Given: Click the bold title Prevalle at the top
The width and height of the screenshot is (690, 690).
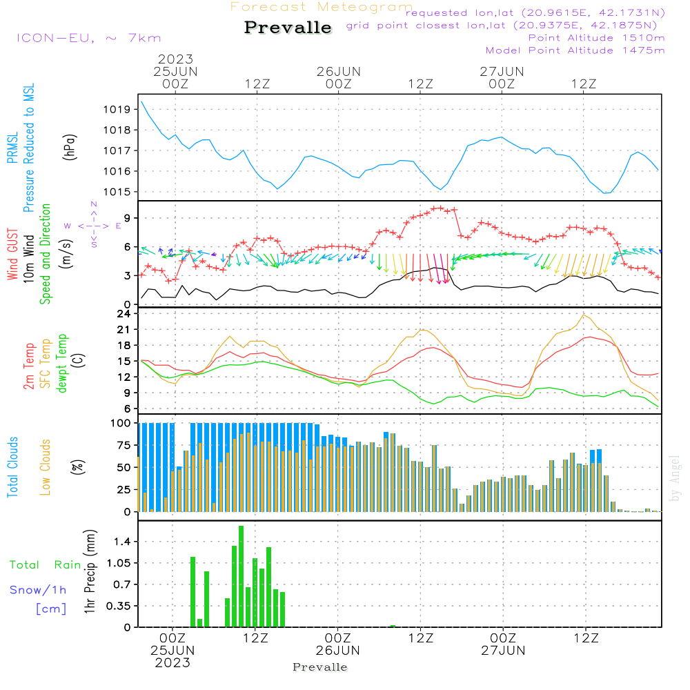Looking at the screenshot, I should tap(288, 28).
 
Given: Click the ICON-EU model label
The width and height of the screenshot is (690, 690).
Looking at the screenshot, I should tap(88, 38).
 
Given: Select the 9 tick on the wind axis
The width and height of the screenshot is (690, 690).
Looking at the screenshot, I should tap(127, 218).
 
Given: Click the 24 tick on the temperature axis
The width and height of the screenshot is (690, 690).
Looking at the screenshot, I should tap(124, 314).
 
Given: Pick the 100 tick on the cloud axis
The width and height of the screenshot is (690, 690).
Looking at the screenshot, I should tap(121, 423).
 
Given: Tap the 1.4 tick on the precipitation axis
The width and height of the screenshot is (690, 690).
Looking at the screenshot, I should tap(123, 542).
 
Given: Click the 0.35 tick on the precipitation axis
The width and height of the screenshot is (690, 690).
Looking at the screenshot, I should tap(119, 606).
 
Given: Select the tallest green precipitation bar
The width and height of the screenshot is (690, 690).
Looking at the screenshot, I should tap(241, 576).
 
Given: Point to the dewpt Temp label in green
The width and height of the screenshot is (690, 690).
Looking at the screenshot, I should tap(62, 364).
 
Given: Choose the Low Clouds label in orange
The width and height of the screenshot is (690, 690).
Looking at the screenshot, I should tap(46, 466).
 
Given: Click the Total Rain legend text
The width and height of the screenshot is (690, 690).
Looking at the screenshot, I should tap(45, 564).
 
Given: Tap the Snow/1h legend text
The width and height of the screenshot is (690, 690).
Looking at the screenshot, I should tap(38, 590).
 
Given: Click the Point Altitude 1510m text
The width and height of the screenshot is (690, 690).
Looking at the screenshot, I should tap(596, 38).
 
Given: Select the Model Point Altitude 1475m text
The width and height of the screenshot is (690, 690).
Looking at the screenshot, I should tap(575, 50).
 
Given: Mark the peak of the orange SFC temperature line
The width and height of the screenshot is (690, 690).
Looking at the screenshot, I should tap(584, 315).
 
